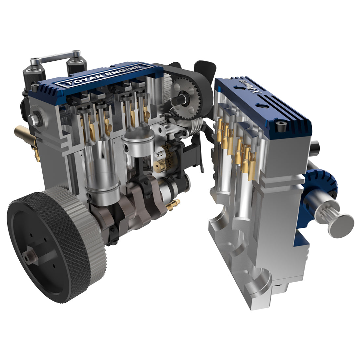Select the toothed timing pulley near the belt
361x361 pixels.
coord(186,97)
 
